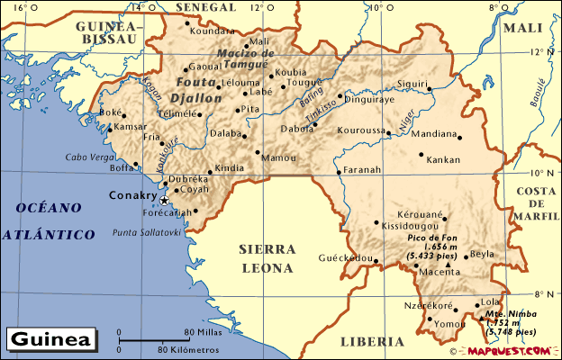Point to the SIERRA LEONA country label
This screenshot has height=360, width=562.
pyautogui.click(x=267, y=257)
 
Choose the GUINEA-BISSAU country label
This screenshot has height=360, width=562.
pyautogui.click(x=108, y=32)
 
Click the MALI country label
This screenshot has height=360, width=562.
pyautogui.click(x=522, y=28)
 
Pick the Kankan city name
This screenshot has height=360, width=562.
pyautogui.click(x=443, y=159)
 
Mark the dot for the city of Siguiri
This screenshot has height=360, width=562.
pyautogui.click(x=431, y=88)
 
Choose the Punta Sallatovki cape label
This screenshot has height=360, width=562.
pyautogui.click(x=147, y=231)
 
